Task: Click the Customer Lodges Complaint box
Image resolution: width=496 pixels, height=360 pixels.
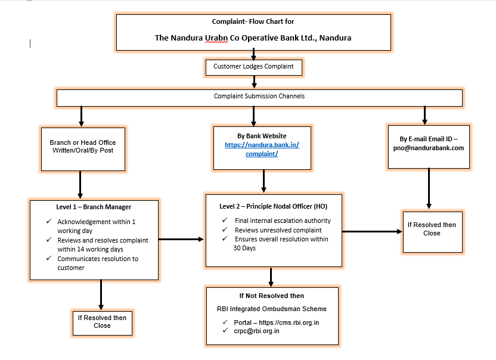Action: (x=253, y=67)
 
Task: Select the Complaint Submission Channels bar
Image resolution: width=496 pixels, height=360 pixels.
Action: (x=259, y=97)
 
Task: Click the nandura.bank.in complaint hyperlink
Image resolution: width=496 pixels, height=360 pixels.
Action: (x=262, y=150)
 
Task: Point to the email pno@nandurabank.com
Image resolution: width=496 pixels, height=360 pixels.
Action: (x=428, y=148)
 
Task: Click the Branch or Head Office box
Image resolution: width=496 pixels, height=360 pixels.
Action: (x=82, y=147)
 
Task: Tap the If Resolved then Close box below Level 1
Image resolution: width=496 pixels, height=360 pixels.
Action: (x=102, y=322)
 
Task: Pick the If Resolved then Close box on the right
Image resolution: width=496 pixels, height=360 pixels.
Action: (x=432, y=229)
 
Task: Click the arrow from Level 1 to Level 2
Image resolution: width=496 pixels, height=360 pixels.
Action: (x=181, y=240)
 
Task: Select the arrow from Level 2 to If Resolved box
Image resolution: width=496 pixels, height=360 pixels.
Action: (x=371, y=231)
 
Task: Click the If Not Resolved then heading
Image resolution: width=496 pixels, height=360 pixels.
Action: (x=271, y=296)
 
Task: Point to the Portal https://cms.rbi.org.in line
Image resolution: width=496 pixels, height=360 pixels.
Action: (x=276, y=322)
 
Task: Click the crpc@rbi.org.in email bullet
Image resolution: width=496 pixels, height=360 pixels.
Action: (x=256, y=331)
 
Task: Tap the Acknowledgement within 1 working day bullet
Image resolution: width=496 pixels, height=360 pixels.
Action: (x=96, y=226)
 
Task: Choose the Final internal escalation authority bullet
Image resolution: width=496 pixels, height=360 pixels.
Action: (x=283, y=221)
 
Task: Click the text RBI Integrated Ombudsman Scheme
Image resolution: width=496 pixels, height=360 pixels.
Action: (x=271, y=309)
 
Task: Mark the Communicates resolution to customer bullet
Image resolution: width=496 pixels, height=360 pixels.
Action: (x=97, y=263)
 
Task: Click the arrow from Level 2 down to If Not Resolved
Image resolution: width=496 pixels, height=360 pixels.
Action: (x=271, y=277)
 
